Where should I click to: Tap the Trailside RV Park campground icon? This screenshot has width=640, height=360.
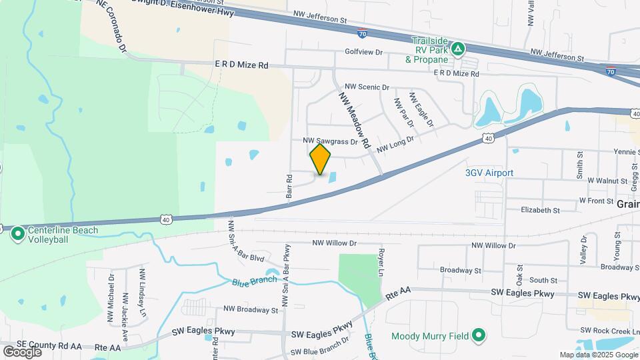tap(458, 49)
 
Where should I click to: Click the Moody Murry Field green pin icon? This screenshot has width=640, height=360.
tap(478, 336)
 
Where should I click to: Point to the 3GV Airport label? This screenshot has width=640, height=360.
tap(489, 173)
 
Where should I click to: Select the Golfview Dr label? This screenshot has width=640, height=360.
tap(363, 52)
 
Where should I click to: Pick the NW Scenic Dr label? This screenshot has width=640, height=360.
tap(367, 87)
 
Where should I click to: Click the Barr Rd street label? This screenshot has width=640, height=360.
tap(290, 184)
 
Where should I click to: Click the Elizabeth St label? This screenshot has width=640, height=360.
tap(541, 211)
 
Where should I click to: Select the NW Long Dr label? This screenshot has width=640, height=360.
tap(395, 144)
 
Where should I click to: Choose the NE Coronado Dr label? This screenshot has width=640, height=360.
tap(111, 25)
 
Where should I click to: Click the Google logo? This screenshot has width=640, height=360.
tap(22, 351)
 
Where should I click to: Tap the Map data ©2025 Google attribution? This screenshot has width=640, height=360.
tap(598, 355)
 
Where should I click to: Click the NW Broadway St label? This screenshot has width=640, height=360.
tap(251, 310)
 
